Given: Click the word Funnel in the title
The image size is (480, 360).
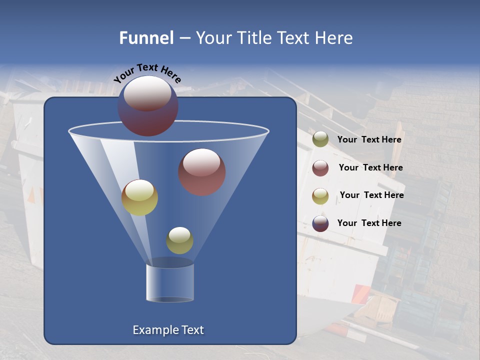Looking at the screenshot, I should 146,38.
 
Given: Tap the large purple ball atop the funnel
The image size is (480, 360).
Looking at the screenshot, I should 148,106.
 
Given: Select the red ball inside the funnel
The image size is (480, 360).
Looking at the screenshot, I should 202,172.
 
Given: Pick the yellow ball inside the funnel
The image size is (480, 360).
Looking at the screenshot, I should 139,198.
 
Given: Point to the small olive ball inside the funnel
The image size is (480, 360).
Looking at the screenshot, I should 179,240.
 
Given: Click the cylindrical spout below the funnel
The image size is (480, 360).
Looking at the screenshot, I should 170,282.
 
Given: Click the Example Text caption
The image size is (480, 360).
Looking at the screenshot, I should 168,330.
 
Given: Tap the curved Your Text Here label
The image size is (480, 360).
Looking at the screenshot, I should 147,73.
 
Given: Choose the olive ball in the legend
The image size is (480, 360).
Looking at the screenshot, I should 320,139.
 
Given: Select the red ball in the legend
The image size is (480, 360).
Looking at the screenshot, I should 320,168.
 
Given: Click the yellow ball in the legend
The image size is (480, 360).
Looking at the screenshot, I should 320,196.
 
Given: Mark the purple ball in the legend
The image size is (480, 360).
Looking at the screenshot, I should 320,223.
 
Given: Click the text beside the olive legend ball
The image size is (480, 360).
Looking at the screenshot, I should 369,140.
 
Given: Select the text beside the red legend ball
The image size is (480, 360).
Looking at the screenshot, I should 370,168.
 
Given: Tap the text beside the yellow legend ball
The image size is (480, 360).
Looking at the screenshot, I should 371,195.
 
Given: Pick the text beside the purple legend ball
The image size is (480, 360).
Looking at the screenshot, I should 369,223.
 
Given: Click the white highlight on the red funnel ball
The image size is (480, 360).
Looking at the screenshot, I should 201,162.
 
